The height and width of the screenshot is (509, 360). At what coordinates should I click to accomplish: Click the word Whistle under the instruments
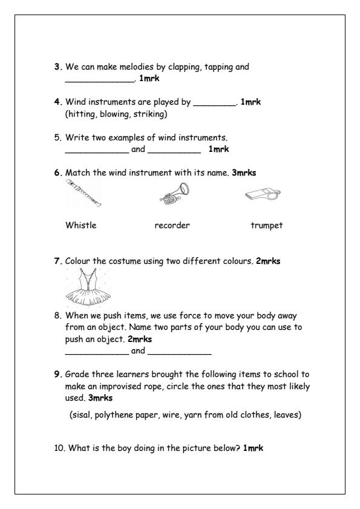click(80, 226)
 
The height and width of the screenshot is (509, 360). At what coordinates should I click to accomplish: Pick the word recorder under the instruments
click(172, 226)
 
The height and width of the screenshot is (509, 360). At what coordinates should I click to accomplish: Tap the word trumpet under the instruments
click(266, 226)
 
